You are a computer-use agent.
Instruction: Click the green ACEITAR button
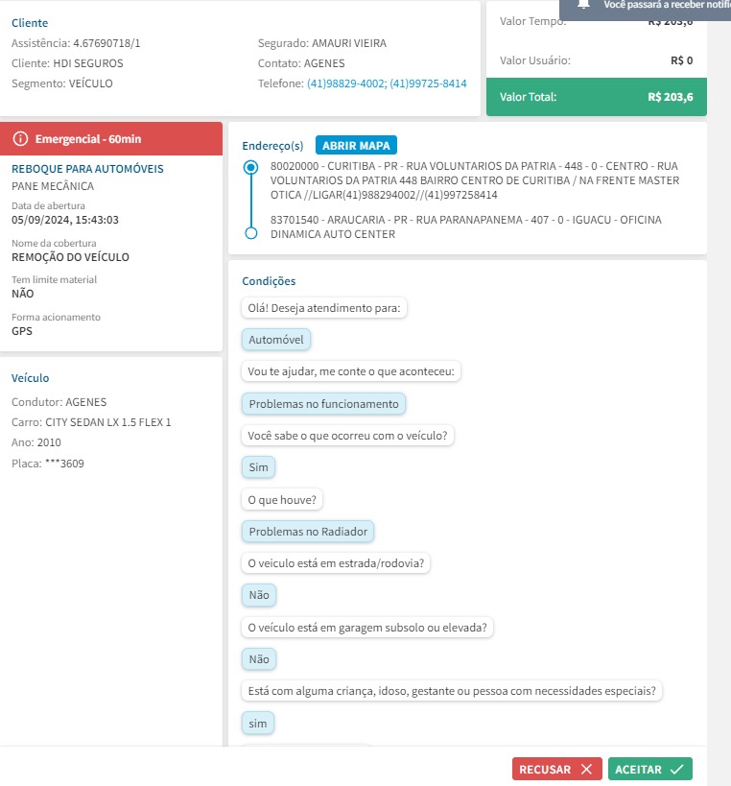point(649,769)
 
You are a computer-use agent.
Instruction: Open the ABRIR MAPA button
point(356,146)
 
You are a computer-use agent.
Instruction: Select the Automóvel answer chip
point(276,340)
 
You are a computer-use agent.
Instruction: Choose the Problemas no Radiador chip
point(308,531)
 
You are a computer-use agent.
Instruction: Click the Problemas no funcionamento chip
point(323,404)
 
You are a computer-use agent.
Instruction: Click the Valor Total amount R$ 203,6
point(671,97)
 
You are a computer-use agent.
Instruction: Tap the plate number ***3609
point(65,464)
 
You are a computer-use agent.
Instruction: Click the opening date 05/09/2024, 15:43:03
point(65,220)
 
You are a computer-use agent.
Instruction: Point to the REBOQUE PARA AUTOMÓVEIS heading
point(87,169)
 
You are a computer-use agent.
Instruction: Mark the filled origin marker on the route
point(251,167)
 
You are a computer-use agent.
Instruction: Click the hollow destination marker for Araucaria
point(251,233)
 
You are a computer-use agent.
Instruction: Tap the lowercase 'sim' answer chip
point(258,723)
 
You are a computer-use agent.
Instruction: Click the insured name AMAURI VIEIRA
point(349,43)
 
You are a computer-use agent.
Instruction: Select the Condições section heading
point(269,281)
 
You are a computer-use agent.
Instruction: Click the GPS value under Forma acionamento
point(22,331)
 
